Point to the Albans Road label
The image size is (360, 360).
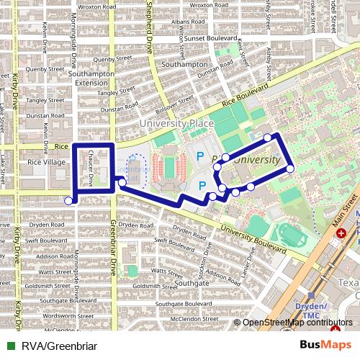(189, 22)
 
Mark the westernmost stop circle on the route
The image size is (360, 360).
(69, 201)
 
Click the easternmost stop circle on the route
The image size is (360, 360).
(290, 168)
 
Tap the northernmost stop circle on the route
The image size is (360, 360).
(268, 137)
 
